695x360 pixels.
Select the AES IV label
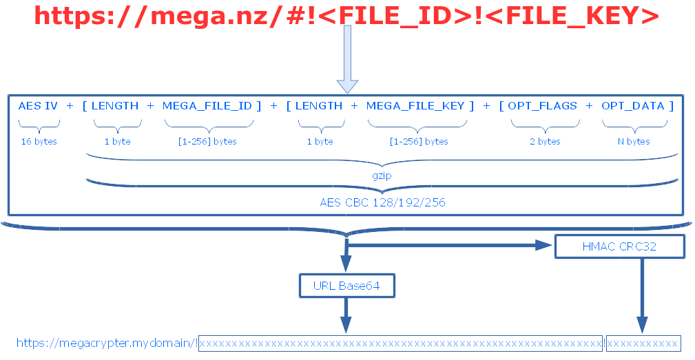[x=38, y=106]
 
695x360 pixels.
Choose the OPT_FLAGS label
[x=543, y=106]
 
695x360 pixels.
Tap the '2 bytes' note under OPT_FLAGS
[x=544, y=142]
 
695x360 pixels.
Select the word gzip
[x=382, y=177]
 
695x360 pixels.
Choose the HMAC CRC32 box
[x=619, y=246]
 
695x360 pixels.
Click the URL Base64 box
[x=347, y=285]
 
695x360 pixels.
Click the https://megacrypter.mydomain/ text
[x=107, y=343]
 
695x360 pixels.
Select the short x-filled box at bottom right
[x=643, y=343]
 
